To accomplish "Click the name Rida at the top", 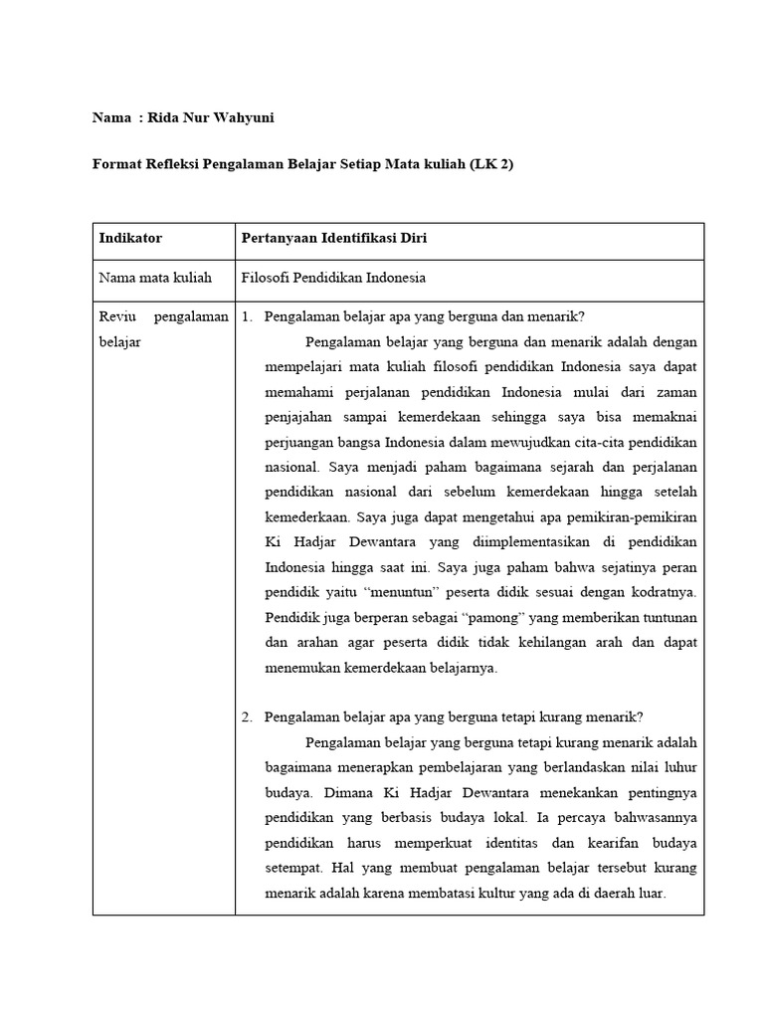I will pyautogui.click(x=165, y=118).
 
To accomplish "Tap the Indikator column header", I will pyautogui.click(x=129, y=239).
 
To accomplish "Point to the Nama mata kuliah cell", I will pyautogui.click(x=155, y=279).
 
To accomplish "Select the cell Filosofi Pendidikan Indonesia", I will pyautogui.click(x=333, y=279).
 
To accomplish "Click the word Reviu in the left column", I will pyautogui.click(x=118, y=316).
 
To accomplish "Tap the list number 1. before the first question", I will pyautogui.click(x=248, y=316).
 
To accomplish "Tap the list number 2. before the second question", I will pyautogui.click(x=248, y=716).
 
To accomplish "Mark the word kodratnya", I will pyautogui.click(x=660, y=592).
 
